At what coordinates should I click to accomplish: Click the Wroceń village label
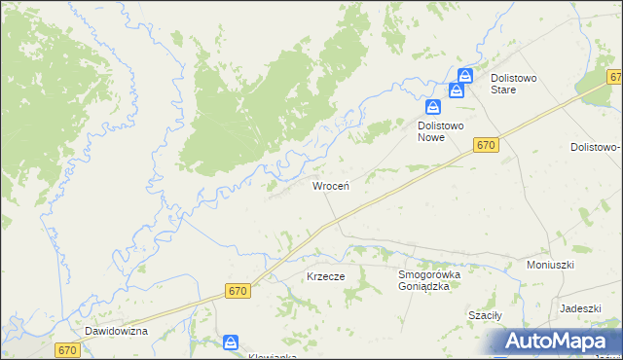(x=331, y=185)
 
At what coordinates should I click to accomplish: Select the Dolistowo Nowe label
(x=445, y=131)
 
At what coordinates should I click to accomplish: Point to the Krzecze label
(x=326, y=276)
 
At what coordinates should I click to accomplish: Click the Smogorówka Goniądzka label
(x=435, y=281)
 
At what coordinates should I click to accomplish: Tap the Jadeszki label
(x=579, y=307)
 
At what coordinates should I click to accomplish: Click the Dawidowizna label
(x=115, y=331)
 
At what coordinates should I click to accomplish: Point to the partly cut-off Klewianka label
(x=232, y=356)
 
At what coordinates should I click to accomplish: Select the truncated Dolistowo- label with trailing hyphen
(x=596, y=147)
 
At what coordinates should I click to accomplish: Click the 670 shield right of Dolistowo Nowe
(x=488, y=145)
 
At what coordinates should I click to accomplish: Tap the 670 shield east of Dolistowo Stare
(x=615, y=77)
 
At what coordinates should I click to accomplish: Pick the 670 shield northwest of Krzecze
(x=238, y=291)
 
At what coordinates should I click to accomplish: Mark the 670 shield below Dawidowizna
(x=66, y=350)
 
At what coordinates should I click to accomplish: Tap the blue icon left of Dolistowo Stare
(x=465, y=76)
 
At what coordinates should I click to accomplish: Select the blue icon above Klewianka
(x=231, y=342)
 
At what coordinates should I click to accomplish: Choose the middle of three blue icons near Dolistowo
(x=455, y=91)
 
